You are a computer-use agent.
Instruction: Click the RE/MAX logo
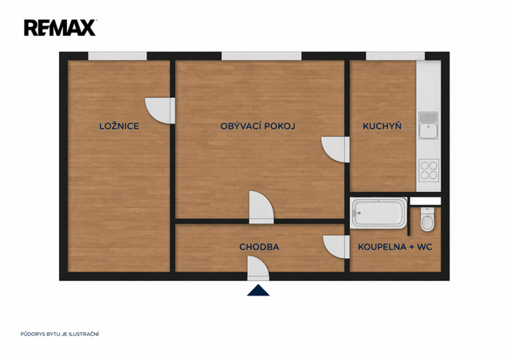[x=61, y=28]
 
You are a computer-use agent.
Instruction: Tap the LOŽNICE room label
[x=119, y=126]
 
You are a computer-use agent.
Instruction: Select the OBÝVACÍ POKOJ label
[x=258, y=126]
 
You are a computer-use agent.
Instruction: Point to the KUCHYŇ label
[x=382, y=126]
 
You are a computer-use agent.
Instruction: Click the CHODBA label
[x=259, y=247]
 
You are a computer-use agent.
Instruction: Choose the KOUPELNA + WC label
[x=395, y=247]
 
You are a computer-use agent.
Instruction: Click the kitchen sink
[x=429, y=125]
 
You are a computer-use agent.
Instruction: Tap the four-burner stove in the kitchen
[x=429, y=170]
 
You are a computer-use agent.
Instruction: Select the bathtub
[x=379, y=213]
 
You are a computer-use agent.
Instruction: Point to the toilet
[x=427, y=220]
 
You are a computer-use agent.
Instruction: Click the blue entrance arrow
[x=258, y=291]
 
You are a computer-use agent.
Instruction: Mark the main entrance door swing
[x=258, y=268]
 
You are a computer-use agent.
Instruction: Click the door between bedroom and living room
[x=160, y=111]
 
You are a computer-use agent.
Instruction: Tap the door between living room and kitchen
[x=335, y=150]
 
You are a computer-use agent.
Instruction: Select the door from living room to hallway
[x=261, y=207]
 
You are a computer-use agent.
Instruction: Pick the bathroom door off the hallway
[x=336, y=247]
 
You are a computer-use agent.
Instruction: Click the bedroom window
[x=117, y=56]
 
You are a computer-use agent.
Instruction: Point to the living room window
[x=261, y=56]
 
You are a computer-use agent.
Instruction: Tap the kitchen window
[x=395, y=56]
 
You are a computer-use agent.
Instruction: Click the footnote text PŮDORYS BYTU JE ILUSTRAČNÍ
[x=60, y=334]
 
